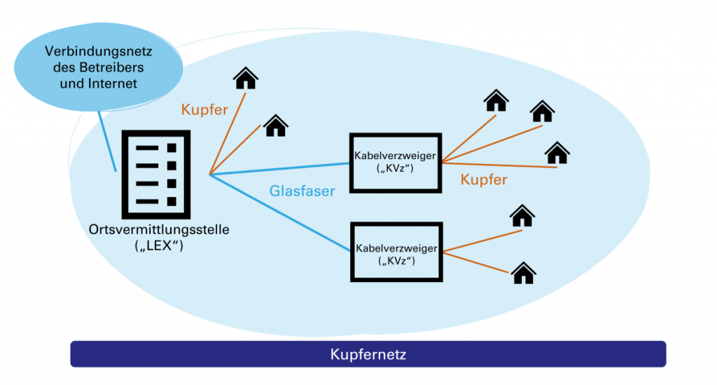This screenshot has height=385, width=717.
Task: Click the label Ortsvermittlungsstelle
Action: [159, 229]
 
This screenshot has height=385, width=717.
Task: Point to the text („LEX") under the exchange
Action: [159, 245]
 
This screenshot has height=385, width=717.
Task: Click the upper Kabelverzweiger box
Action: [396, 161]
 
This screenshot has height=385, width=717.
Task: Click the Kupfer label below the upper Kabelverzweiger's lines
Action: [484, 180]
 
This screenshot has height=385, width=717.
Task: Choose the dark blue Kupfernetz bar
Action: [368, 354]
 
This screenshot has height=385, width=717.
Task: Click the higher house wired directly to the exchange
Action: [245, 78]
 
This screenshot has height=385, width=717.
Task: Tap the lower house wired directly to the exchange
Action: [276, 126]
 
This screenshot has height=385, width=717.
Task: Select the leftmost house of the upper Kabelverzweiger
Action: [496, 101]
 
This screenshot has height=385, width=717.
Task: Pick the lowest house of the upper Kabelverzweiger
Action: [557, 153]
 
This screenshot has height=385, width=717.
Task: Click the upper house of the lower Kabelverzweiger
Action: [522, 215]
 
